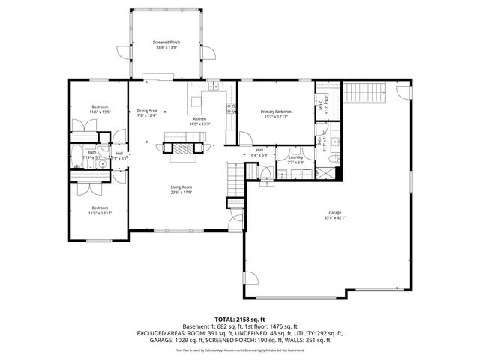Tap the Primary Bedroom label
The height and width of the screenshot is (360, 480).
click(275, 112)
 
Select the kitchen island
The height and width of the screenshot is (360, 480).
click(196, 101)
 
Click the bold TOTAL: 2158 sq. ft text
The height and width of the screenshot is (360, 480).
click(239, 319)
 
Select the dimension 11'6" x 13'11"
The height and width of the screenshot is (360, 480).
click(100, 213)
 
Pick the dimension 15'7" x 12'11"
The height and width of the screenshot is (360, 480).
click(275, 116)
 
